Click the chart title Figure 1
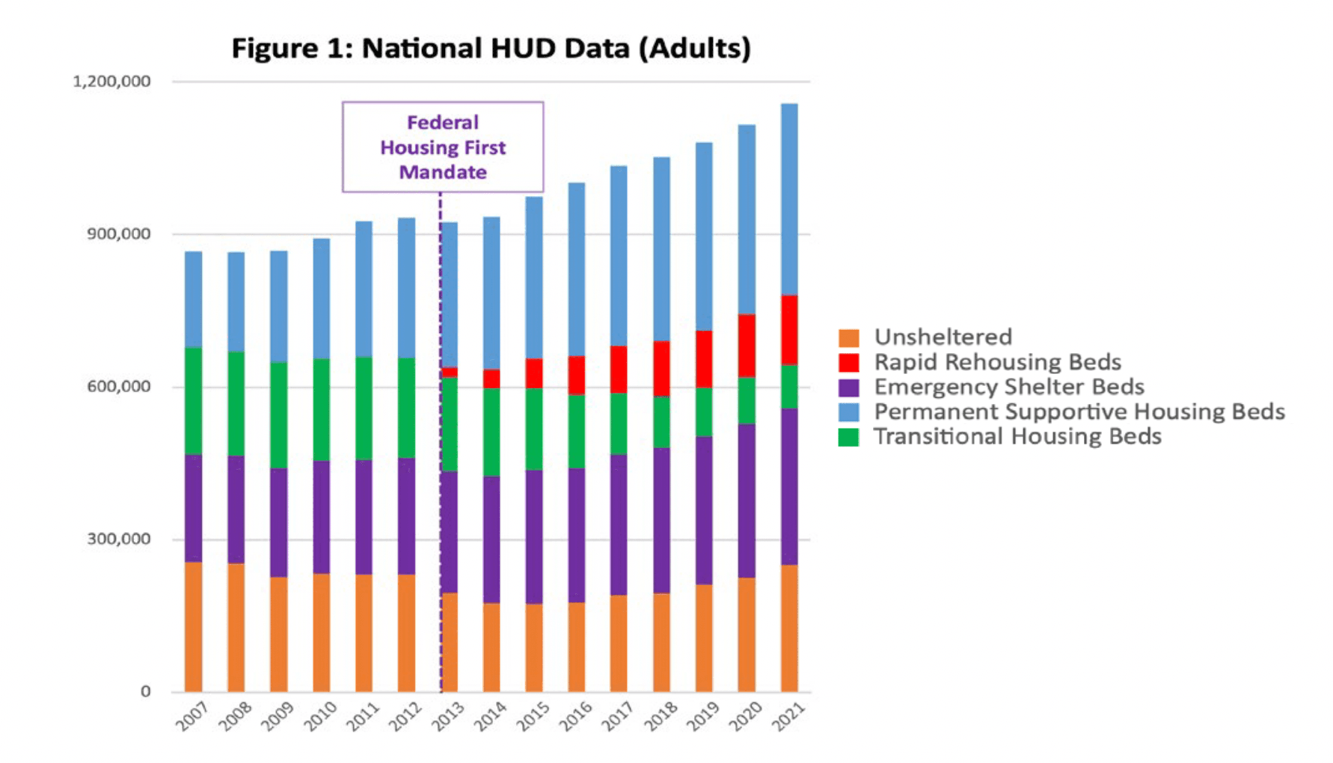point(491,49)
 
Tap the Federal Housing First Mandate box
point(443,147)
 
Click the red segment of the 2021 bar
point(789,330)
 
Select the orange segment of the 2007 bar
point(194,627)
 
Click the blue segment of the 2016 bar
point(577,269)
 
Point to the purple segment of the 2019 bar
point(704,510)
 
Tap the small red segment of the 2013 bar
point(450,372)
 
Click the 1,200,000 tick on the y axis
point(111,82)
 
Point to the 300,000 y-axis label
point(118,539)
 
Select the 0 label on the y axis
point(146,692)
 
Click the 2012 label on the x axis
point(406,717)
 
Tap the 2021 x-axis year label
point(789,717)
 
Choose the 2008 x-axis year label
point(236,717)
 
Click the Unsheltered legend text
point(943,337)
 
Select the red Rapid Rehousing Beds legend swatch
point(849,363)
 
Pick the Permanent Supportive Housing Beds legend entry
point(1079,412)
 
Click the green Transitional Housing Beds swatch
point(849,437)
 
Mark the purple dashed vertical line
point(441,449)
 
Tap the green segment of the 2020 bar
point(747,401)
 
